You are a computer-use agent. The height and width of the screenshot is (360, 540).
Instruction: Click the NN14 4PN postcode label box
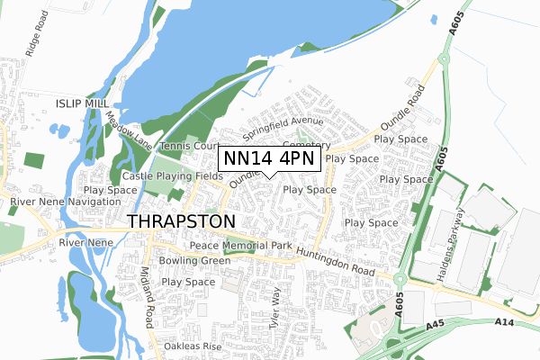tap(269, 159)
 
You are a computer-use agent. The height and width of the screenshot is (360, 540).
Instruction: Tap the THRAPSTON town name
tap(182, 220)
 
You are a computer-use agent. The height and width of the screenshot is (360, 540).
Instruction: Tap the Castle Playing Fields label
tap(172, 176)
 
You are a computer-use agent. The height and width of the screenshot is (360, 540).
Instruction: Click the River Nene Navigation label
tap(57, 203)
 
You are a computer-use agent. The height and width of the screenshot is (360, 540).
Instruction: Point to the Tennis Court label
tap(189, 146)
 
